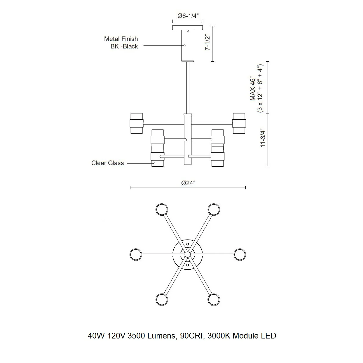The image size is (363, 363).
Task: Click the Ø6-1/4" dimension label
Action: pyautogui.click(x=188, y=16)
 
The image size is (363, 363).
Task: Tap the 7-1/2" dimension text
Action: pyautogui.click(x=207, y=42)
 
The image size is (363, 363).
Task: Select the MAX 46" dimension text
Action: pyautogui.click(x=253, y=88)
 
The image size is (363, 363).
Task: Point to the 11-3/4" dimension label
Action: pyautogui.click(x=263, y=138)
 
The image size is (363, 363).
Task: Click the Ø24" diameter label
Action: pyautogui.click(x=188, y=183)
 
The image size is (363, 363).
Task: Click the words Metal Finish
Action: pyautogui.click(x=121, y=39)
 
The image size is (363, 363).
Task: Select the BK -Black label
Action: pyautogui.click(x=124, y=46)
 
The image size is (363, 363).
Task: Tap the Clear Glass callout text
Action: pyautogui.click(x=108, y=163)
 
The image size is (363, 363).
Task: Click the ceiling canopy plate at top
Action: pyautogui.click(x=187, y=27)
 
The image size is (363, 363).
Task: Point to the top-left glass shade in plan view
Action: pyautogui.click(x=162, y=209)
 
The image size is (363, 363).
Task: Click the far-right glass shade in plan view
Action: pyautogui.click(x=240, y=254)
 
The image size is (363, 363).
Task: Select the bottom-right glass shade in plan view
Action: pyautogui.click(x=214, y=299)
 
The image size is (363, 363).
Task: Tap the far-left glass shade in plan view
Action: pyautogui.click(x=136, y=254)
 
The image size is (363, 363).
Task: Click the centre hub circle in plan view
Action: pyautogui.click(x=188, y=254)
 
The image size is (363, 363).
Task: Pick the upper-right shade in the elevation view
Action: pyautogui.click(x=239, y=123)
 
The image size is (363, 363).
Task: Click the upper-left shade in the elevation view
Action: pyautogui.click(x=137, y=123)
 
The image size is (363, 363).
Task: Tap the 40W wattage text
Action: pyautogui.click(x=96, y=336)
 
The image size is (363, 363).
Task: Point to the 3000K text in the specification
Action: pyautogui.click(x=219, y=336)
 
